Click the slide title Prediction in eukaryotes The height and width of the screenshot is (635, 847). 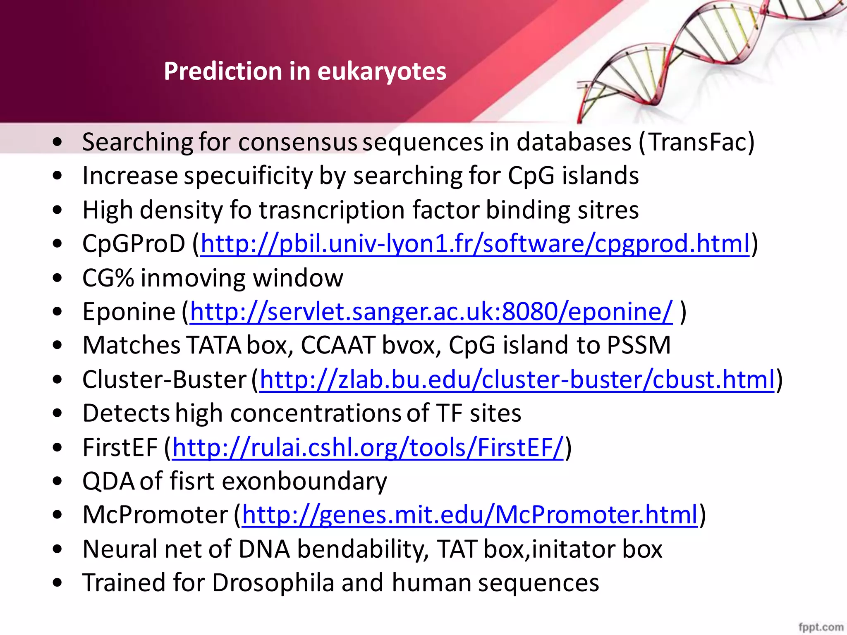[305, 71]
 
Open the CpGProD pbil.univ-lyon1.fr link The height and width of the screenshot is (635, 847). [474, 243]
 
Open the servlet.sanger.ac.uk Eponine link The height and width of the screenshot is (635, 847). [431, 311]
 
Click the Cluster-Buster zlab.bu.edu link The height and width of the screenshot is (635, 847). [517, 380]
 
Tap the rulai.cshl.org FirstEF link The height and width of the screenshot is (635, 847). [368, 447]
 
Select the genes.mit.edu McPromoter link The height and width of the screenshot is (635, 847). [469, 515]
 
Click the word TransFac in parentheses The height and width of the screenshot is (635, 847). [698, 142]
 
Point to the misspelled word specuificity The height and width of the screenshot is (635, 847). [248, 176]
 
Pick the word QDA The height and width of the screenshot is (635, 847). [108, 482]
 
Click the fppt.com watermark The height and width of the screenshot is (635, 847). [821, 627]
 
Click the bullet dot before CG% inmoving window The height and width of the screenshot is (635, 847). [57, 278]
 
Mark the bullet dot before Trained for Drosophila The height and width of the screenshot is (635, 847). [57, 583]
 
